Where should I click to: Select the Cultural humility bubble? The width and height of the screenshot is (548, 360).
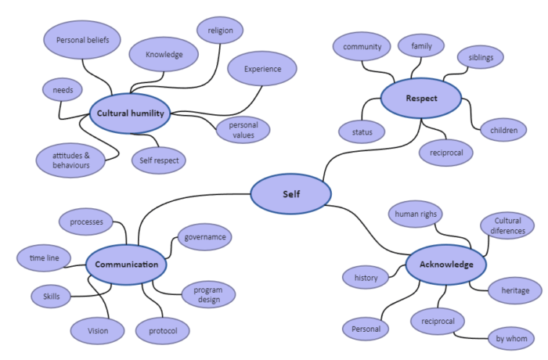(130, 113)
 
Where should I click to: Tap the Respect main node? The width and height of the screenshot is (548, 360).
(421, 99)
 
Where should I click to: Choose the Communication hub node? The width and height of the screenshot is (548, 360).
(126, 265)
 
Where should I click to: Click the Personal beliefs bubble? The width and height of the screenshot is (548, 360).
(82, 39)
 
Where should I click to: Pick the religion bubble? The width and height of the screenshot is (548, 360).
(220, 31)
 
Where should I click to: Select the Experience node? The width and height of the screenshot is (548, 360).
(262, 69)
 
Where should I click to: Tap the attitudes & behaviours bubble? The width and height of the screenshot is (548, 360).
(71, 160)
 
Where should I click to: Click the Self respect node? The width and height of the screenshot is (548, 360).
(159, 161)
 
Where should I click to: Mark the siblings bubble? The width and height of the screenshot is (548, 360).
(481, 57)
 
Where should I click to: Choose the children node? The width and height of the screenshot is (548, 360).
(503, 130)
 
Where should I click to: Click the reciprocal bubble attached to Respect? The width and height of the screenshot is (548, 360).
(446, 152)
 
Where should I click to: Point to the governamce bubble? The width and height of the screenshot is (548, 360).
(205, 236)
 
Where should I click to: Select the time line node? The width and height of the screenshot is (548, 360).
(45, 257)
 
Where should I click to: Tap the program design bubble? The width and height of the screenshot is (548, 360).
(203, 294)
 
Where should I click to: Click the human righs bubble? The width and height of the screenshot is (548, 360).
(417, 214)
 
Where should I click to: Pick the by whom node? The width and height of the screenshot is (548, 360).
(511, 339)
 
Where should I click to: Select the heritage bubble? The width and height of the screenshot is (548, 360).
(515, 291)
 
